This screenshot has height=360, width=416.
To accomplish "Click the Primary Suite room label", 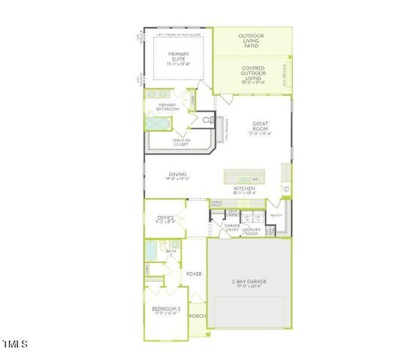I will (x=179, y=58).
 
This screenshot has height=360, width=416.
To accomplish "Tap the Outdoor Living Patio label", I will (x=251, y=40).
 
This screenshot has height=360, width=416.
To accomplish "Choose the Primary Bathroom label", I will (x=167, y=107).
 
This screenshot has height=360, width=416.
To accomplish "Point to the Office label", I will (x=164, y=219).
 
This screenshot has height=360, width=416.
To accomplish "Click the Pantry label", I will (x=275, y=215).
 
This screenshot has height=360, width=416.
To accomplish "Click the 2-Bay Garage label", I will (x=248, y=283).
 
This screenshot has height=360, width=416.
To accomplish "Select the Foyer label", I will (x=194, y=274).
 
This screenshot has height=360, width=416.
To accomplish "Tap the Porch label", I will (x=197, y=316).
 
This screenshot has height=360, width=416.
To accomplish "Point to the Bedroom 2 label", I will (x=166, y=310).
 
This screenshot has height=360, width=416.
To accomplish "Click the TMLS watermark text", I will (x=14, y=344).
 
